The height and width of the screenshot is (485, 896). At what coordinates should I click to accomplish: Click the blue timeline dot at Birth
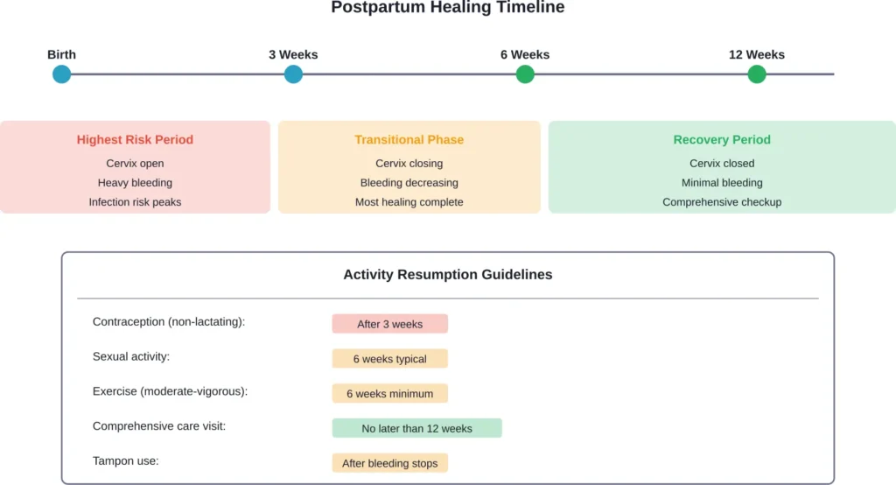(61, 74)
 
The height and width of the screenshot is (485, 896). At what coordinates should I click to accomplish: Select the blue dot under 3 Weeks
(293, 74)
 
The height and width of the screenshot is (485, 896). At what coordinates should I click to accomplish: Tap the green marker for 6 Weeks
(525, 74)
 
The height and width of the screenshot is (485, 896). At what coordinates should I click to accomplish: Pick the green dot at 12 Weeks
(757, 74)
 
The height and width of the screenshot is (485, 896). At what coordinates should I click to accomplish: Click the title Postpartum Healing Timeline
(447, 8)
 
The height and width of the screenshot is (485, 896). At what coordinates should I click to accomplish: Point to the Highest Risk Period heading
(135, 140)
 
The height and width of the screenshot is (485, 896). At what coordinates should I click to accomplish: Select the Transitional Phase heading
(409, 140)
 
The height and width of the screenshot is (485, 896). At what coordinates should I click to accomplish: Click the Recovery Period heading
(722, 140)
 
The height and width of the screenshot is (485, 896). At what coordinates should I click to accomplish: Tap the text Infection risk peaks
(135, 202)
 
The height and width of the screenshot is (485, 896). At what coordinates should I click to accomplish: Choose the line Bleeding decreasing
(409, 183)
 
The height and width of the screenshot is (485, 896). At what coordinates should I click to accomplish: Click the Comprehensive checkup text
(722, 202)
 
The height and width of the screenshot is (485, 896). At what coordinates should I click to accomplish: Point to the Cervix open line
(135, 164)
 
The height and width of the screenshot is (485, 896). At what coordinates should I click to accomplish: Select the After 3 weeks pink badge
(389, 324)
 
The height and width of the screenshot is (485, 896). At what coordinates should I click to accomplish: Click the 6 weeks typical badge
(389, 359)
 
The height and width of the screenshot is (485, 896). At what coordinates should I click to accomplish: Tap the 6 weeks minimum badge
(389, 394)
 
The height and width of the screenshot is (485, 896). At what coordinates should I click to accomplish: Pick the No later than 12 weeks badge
(416, 428)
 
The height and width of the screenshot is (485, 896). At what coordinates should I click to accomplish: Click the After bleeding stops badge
(389, 463)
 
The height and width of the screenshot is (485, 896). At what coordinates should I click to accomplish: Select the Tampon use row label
(126, 461)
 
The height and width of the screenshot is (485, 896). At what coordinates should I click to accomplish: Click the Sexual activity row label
(131, 357)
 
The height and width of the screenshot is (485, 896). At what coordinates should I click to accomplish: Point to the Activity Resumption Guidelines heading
(447, 275)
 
